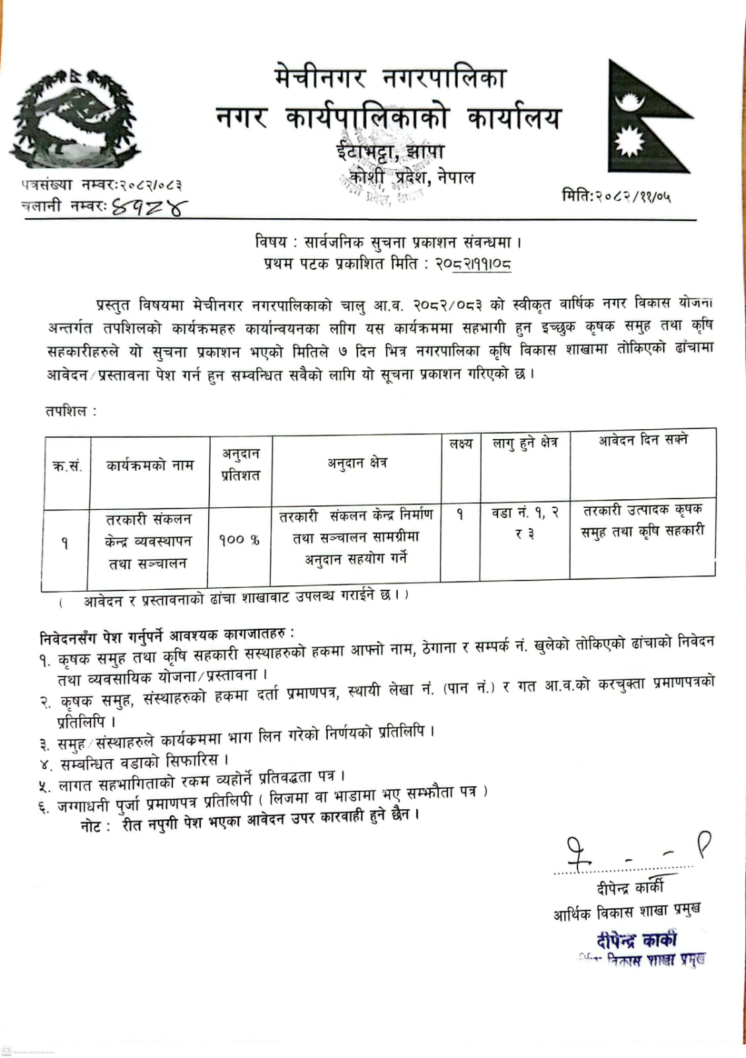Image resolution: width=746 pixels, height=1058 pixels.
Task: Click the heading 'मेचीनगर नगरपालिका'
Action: (x=390, y=79)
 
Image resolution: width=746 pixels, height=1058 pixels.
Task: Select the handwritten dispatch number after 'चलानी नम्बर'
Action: (x=149, y=208)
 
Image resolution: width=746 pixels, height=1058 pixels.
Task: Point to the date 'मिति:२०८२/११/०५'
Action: (x=616, y=196)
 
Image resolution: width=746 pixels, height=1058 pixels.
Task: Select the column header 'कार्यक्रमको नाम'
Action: (x=150, y=466)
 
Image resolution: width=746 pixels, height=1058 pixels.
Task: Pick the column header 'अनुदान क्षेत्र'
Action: (x=357, y=463)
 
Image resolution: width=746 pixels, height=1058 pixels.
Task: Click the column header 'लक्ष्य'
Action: (x=461, y=444)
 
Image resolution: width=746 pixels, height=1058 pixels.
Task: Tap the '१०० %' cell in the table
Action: (x=239, y=540)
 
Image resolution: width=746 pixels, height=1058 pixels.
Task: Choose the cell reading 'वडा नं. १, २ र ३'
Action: (x=525, y=522)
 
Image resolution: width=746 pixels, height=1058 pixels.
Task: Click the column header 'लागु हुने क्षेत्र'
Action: (x=525, y=443)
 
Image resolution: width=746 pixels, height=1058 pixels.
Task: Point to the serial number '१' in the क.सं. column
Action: (x=65, y=544)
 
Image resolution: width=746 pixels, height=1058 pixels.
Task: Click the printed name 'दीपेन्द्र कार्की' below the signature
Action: (x=630, y=887)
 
